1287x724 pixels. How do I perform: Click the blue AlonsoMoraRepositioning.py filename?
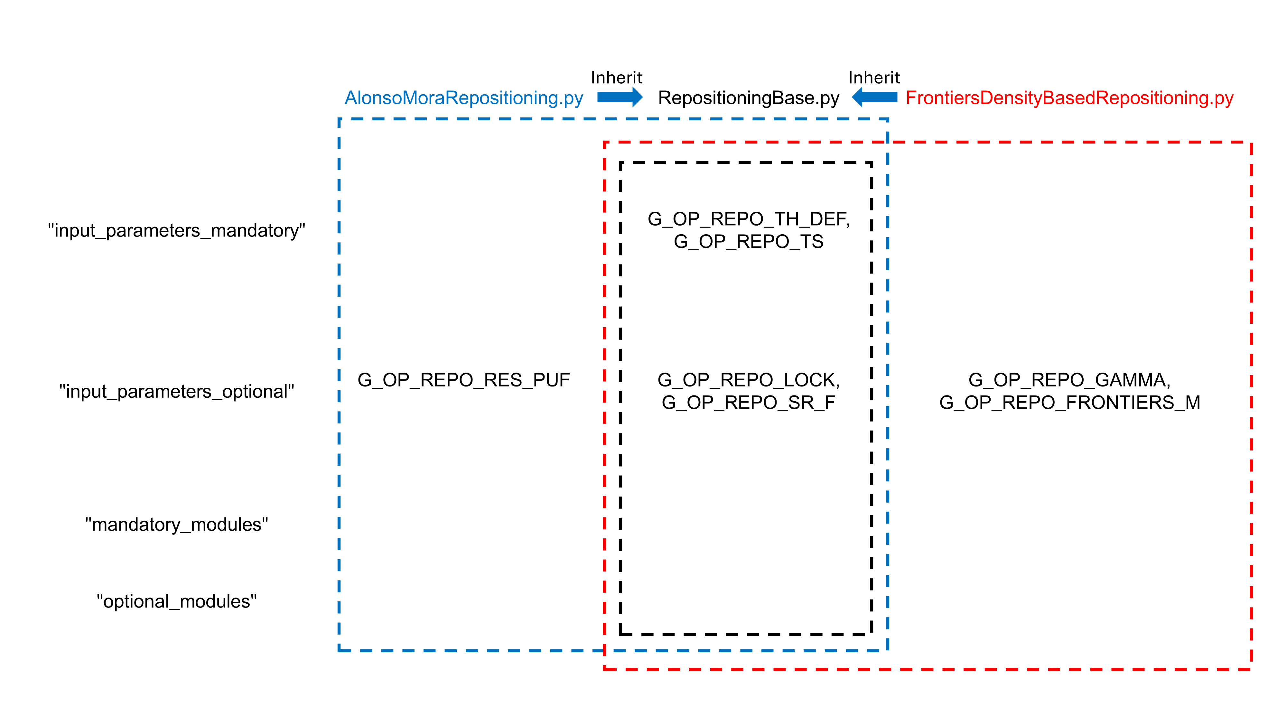[x=464, y=98]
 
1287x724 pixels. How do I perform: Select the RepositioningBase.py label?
[x=749, y=98]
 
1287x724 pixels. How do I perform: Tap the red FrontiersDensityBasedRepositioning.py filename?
[x=1069, y=98]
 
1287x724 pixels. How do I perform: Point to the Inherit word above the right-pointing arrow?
[x=617, y=78]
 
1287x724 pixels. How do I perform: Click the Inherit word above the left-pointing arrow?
[x=874, y=78]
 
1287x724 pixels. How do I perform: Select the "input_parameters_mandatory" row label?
[x=176, y=230]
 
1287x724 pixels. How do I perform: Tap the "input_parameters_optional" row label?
[x=176, y=391]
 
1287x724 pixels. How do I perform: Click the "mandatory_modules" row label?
[x=176, y=524]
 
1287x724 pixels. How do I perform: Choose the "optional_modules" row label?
[x=176, y=601]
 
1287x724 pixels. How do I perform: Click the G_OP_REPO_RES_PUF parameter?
[x=463, y=380]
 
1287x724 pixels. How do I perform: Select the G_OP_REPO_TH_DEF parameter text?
[x=748, y=219]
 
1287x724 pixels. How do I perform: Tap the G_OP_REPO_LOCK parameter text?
[x=748, y=380]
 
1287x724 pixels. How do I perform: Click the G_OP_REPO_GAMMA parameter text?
[x=1069, y=380]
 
